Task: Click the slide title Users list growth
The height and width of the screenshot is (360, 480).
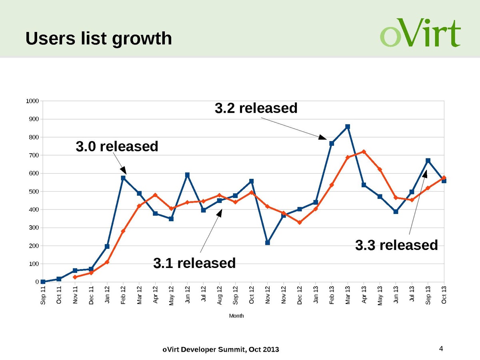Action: coord(98,38)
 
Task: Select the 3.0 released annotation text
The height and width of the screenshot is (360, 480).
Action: coord(117,146)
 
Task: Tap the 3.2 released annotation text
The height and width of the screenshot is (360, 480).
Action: coord(256,108)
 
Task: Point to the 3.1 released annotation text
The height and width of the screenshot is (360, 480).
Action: coord(194,263)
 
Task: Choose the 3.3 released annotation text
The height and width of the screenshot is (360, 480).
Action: coord(396,245)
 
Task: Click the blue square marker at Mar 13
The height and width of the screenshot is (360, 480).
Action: coord(348,126)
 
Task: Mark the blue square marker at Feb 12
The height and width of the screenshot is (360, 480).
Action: coord(123,178)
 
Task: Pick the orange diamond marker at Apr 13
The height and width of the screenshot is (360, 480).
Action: coord(364,152)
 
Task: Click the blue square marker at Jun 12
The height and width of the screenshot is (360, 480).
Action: coord(187,175)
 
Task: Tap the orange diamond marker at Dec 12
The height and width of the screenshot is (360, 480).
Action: coord(300,222)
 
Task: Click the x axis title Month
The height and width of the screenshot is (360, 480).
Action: coord(236,316)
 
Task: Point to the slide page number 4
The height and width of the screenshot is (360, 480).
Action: coord(441,349)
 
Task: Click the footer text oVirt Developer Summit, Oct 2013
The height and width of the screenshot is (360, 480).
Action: coord(220,350)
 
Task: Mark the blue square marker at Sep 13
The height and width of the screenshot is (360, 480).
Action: coord(428,161)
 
